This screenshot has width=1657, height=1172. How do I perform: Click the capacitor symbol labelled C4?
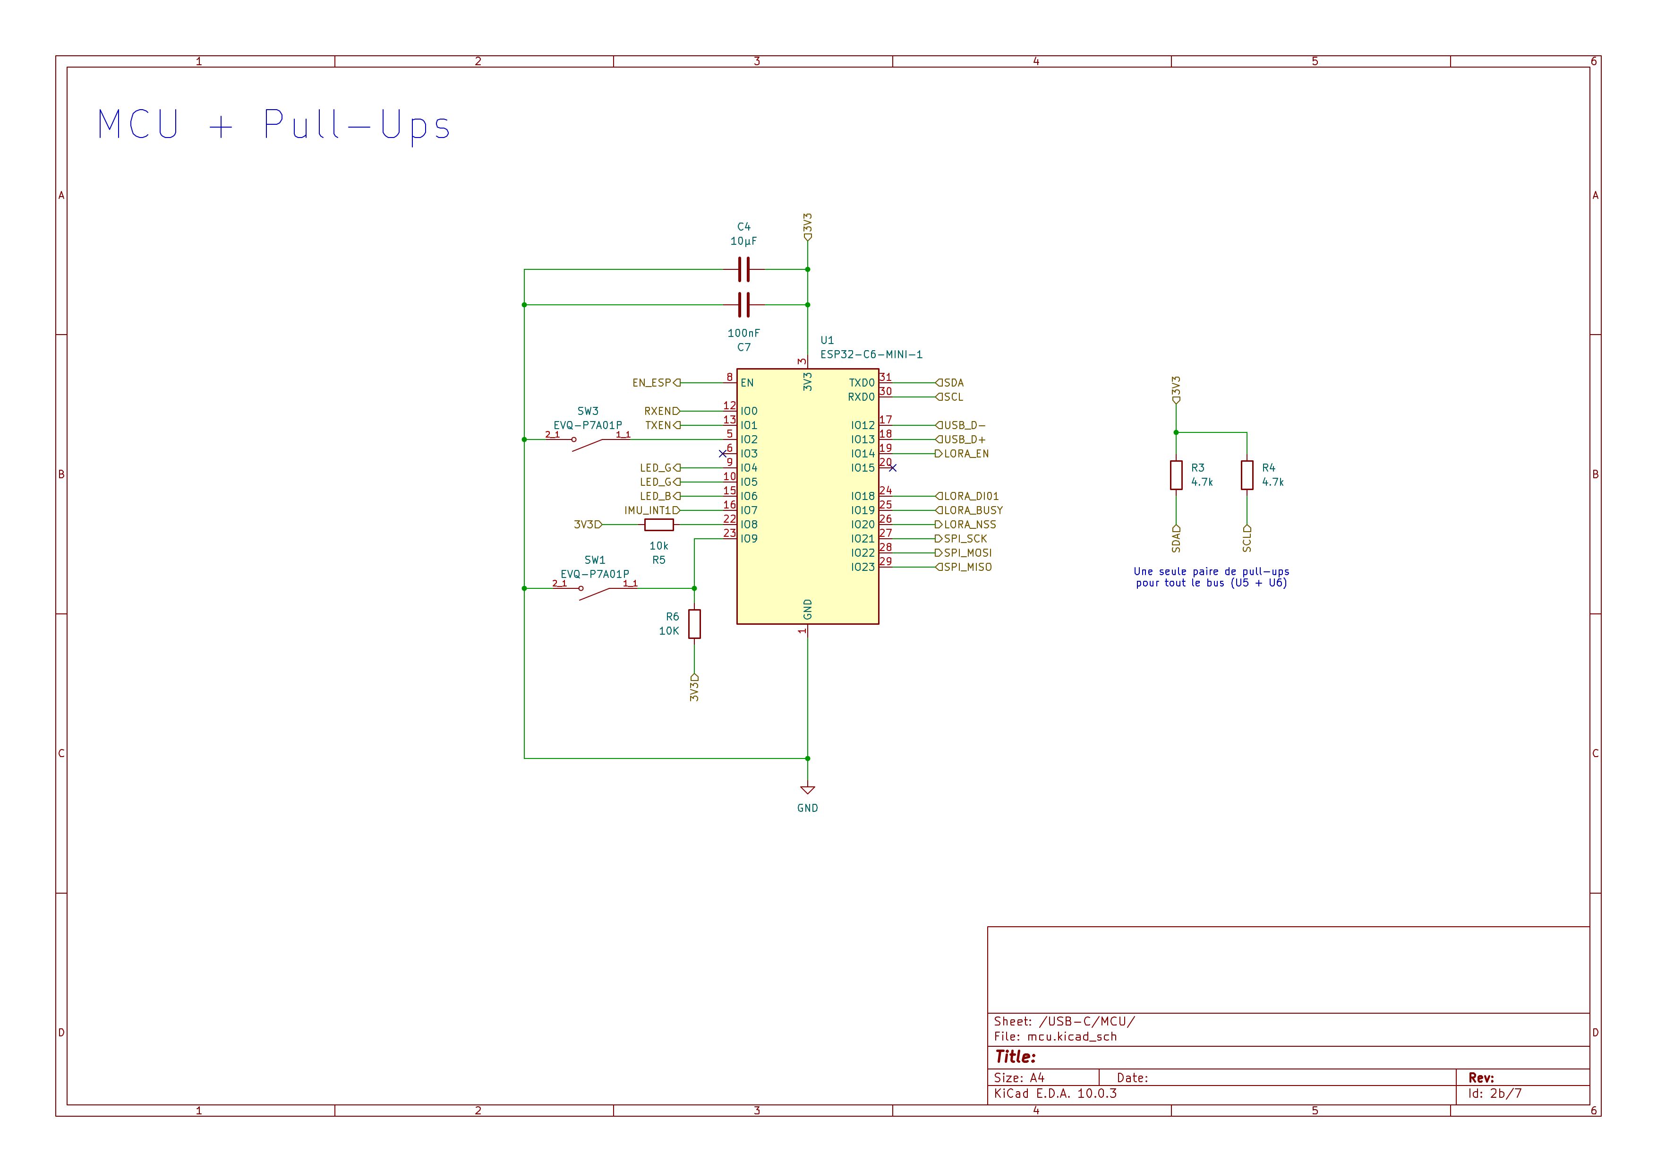744,269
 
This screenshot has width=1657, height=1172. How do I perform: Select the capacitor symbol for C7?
744,305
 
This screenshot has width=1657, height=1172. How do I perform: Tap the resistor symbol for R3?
1176,475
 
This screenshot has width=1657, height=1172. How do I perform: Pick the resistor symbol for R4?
1247,475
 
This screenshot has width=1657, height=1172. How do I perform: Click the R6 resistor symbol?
694,624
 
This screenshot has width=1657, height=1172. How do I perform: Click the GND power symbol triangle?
808,790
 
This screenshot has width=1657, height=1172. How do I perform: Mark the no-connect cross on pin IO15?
893,468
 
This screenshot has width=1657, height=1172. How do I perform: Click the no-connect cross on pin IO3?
722,454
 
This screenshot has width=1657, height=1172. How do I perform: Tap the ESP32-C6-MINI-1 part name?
871,354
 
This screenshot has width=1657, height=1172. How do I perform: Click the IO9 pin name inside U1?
749,539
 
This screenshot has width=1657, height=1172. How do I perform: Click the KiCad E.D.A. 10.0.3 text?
1055,1093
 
